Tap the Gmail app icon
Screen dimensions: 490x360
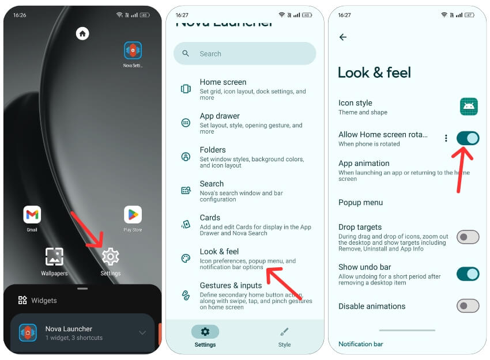32,214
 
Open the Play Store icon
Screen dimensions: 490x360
133,214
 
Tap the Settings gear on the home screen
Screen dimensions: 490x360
110,256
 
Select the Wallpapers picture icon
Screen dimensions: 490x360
54,256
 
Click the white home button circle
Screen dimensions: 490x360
82,33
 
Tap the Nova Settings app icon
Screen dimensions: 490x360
133,50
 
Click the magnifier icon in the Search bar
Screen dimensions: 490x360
186,54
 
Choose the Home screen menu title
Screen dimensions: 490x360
223,82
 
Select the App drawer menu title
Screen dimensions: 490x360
220,116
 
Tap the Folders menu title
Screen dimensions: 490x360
213,150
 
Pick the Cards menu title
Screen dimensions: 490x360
210,218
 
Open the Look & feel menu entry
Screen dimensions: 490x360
220,252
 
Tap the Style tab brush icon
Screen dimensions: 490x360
284,332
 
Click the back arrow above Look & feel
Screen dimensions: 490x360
343,37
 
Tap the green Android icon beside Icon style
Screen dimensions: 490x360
469,107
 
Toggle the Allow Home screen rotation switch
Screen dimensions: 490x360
468,138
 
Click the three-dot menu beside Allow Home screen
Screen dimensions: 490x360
446,138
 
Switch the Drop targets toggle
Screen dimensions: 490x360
468,237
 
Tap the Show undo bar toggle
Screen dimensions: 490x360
468,274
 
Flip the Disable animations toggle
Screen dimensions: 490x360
468,306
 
